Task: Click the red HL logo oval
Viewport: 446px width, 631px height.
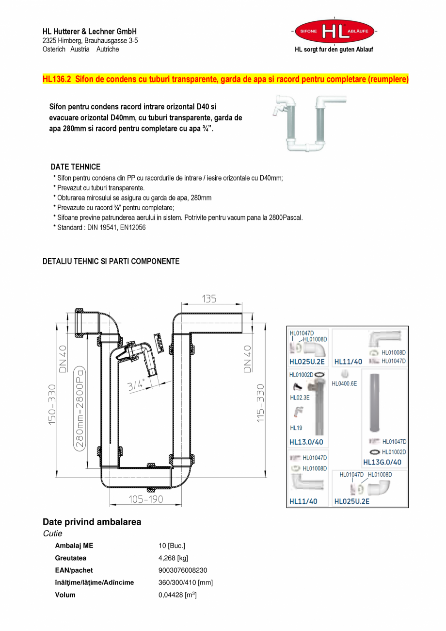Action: pos(334,32)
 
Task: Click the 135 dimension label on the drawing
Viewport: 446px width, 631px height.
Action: pos(209,299)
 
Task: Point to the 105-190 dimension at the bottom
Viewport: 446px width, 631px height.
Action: pos(145,499)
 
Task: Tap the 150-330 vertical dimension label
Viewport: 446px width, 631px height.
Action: pos(52,404)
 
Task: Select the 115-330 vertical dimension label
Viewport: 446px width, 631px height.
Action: pos(261,403)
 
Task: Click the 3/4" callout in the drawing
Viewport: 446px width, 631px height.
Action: pos(137,385)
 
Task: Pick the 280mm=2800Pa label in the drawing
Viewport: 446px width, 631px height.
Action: pos(80,408)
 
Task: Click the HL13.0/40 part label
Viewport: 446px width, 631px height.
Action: pos(306,442)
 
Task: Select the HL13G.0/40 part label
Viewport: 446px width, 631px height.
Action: pos(382,462)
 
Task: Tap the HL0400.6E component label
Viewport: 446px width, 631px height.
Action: pos(344,383)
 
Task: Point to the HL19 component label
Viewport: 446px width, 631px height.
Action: pos(296,428)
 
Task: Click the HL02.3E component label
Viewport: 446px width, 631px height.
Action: pos(300,398)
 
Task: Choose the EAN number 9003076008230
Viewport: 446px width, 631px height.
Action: pos(183,570)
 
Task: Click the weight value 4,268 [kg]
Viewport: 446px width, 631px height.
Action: pos(173,558)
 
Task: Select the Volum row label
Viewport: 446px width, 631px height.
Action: pos(65,595)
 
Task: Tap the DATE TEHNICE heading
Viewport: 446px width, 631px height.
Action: pos(76,166)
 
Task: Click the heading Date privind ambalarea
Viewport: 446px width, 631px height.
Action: pos(92,522)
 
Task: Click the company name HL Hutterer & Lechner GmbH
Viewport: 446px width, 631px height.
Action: pos(90,32)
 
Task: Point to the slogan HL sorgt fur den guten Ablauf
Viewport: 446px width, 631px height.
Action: pos(334,50)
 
